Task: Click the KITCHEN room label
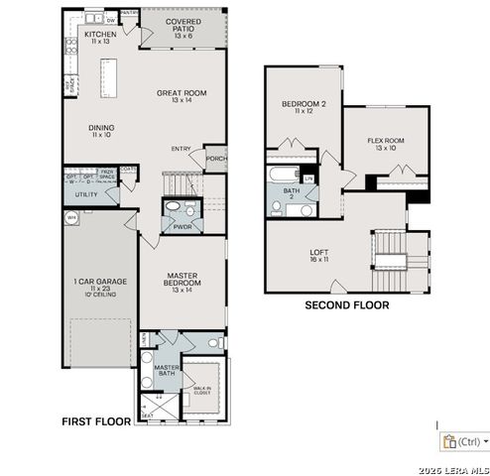click(x=100, y=35)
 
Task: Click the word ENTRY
click(x=181, y=149)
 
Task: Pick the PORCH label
click(x=215, y=158)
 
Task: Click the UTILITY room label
click(x=86, y=194)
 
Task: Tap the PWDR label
click(x=182, y=226)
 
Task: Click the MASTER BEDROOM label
click(x=181, y=282)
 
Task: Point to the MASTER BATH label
click(x=165, y=371)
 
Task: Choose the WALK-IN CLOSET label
click(x=203, y=391)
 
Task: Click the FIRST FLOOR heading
click(x=96, y=421)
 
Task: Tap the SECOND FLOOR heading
click(x=345, y=304)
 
